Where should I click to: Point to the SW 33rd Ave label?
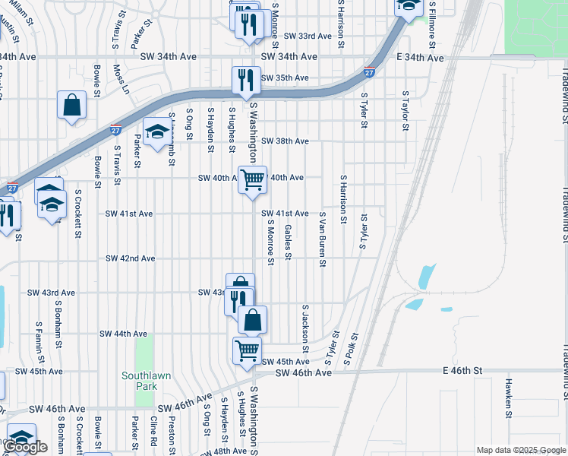[308, 36]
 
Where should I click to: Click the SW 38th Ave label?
[285, 141]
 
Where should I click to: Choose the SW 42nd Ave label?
[130, 258]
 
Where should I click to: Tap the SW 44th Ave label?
[123, 334]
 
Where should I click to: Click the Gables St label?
[288, 242]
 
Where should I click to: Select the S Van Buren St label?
[323, 239]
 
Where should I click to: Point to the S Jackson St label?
[305, 322]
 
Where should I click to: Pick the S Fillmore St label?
[431, 25]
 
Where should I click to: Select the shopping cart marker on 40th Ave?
[253, 180]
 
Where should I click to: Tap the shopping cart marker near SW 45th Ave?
[247, 350]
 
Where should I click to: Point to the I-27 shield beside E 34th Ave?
[369, 73]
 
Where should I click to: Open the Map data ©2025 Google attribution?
[521, 450]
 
